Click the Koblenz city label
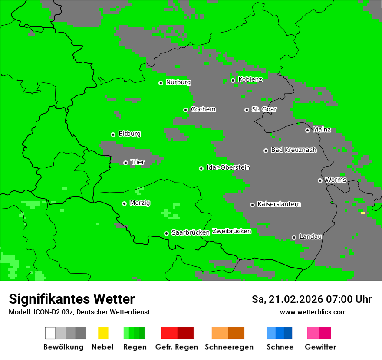pyautogui.click(x=250, y=79)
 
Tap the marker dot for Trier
pyautogui.click(x=125, y=163)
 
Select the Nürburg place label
pyautogui.click(x=178, y=82)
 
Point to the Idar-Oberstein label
pyautogui.click(x=228, y=167)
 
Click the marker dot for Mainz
pyautogui.click(x=307, y=130)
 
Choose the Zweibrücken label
pyautogui.click(x=231, y=231)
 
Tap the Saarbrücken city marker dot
pyautogui.click(x=166, y=233)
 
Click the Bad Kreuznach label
pyautogui.click(x=293, y=150)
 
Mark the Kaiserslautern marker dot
pyautogui.click(x=252, y=205)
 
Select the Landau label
pyautogui.click(x=310, y=236)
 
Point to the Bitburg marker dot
pyautogui.click(x=113, y=134)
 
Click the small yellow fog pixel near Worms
pyautogui.click(x=362, y=213)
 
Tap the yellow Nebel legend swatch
pyautogui.click(x=103, y=333)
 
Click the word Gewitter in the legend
pyautogui.click(x=320, y=347)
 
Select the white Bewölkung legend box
pyautogui.click(x=50, y=333)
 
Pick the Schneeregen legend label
pyautogui.click(x=229, y=347)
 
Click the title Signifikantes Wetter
pyautogui.click(x=72, y=299)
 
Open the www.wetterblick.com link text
pyautogui.click(x=313, y=312)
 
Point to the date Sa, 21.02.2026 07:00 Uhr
pyautogui.click(x=311, y=299)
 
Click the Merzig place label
pyautogui.click(x=140, y=203)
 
